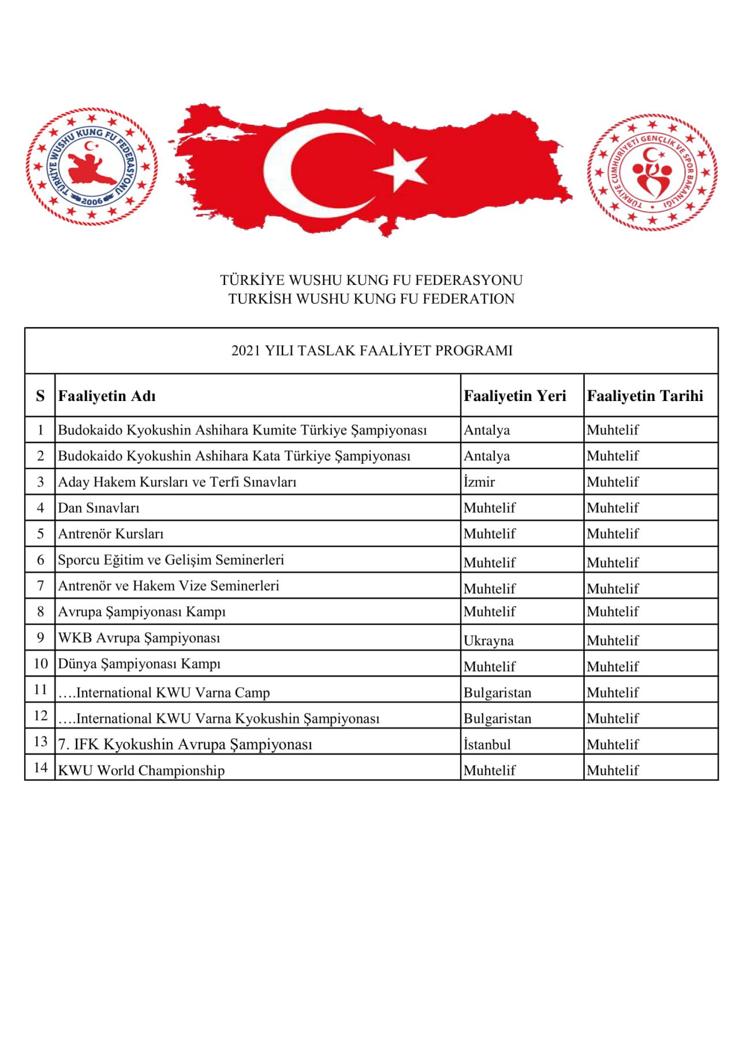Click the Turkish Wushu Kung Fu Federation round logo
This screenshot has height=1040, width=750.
click(x=91, y=167)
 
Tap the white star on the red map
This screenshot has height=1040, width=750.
click(x=401, y=169)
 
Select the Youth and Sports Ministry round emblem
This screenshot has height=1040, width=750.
click(x=652, y=172)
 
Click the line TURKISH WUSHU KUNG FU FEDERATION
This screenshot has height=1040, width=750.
click(x=371, y=299)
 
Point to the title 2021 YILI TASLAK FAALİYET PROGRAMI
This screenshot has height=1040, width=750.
click(x=372, y=351)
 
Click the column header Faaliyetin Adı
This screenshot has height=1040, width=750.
click(x=107, y=396)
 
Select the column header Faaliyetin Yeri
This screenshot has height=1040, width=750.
click(x=514, y=396)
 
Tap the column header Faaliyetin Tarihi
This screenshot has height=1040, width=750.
click(x=645, y=396)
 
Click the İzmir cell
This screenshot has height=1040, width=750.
click(x=479, y=482)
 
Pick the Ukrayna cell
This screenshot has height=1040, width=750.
click(x=488, y=640)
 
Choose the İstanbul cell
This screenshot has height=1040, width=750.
click(x=487, y=744)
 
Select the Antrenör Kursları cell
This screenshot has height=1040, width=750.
click(x=111, y=534)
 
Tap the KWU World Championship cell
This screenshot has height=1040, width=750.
click(x=141, y=770)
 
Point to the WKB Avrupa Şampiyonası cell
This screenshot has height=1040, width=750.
click(x=139, y=638)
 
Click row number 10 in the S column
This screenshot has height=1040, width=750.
click(x=40, y=663)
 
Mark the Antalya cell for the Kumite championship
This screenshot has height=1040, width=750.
click(x=487, y=430)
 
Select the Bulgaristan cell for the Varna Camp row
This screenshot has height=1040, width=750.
click(x=497, y=692)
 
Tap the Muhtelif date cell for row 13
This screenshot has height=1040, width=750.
click(x=613, y=744)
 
